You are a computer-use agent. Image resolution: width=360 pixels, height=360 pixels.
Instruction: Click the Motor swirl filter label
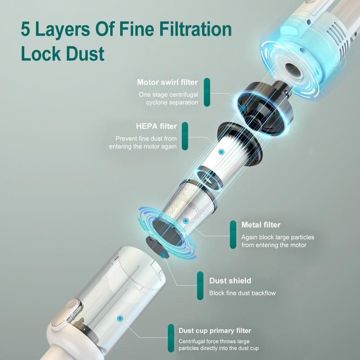point(167,82)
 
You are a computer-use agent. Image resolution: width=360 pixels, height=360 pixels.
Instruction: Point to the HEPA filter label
point(156,126)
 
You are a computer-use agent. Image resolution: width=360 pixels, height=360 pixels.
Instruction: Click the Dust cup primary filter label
point(215,331)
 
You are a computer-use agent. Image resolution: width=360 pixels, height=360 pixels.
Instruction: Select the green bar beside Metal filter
point(233,235)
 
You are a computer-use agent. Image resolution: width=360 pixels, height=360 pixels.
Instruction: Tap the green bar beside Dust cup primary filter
point(171,338)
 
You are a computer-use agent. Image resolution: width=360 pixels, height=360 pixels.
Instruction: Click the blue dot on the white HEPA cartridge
point(220,153)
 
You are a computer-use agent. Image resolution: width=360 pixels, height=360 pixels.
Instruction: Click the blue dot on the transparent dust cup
point(120,318)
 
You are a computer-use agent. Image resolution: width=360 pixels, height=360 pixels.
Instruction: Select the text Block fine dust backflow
point(242,293)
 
